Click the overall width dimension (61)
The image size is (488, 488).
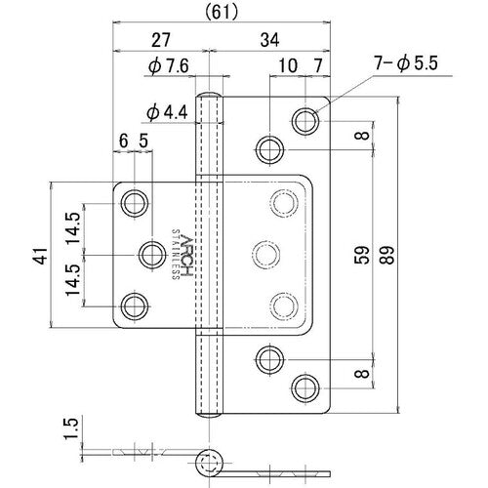coord(222,13)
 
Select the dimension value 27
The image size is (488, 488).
coord(161,40)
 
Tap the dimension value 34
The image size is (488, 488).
coord(269,40)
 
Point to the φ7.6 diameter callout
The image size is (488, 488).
coord(169,66)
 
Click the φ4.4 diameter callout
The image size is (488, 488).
coord(167,113)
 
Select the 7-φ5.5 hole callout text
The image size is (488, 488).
coord(406,63)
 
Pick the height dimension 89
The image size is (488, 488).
coord(387,255)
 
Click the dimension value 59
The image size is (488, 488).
coord(362,255)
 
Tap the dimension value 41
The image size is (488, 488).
coord(41,256)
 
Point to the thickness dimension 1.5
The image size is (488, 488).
coord(71,427)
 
